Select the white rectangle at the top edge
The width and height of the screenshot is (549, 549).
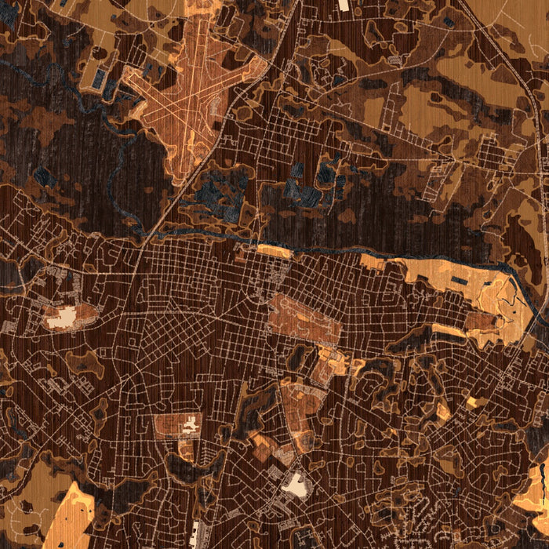344,5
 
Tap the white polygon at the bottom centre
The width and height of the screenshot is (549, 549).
296,485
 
